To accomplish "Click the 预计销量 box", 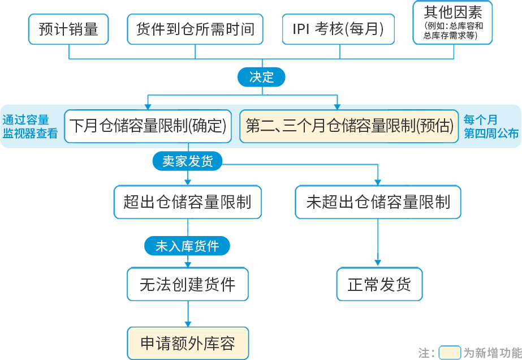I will click(x=68, y=29).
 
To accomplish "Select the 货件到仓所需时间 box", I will click(x=195, y=29).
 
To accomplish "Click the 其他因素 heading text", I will click(x=453, y=12).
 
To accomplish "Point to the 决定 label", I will click(x=261, y=78).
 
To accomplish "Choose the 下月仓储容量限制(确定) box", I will click(x=148, y=126).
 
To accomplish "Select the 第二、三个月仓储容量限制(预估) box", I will click(x=350, y=126).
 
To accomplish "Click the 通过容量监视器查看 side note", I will click(x=30, y=126).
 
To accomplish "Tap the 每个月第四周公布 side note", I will click(x=491, y=126).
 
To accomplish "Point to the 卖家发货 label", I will click(x=188, y=161).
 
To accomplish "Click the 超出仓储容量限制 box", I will click(x=187, y=202).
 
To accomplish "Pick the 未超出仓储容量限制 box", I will click(x=378, y=202).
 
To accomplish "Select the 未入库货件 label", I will click(x=187, y=246).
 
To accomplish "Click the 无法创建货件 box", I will click(x=187, y=284).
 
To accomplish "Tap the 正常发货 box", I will click(x=379, y=284).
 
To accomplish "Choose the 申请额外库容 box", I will click(x=187, y=344).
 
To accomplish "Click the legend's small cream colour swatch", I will click(x=449, y=353).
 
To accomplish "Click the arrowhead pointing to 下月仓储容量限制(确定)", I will click(x=148, y=106).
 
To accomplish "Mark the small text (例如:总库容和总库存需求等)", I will click(x=453, y=31).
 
